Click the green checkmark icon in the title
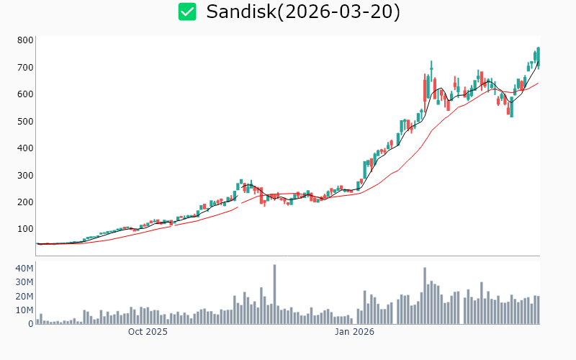(x=187, y=12)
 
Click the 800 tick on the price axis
(x=26, y=40)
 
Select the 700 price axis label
(x=26, y=68)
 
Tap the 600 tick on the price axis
(x=26, y=94)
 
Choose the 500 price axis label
(x=26, y=121)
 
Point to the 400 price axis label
(x=26, y=148)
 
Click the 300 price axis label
(x=26, y=175)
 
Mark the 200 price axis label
(x=26, y=202)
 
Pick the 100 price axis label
(x=26, y=229)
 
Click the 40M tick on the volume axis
(x=24, y=269)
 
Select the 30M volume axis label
(x=24, y=282)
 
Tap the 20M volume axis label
(x=24, y=296)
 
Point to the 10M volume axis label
(x=24, y=310)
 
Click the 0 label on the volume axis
(x=30, y=323)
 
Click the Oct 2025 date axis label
(x=148, y=332)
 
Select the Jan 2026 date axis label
(x=354, y=332)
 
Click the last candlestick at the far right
(x=538, y=58)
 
